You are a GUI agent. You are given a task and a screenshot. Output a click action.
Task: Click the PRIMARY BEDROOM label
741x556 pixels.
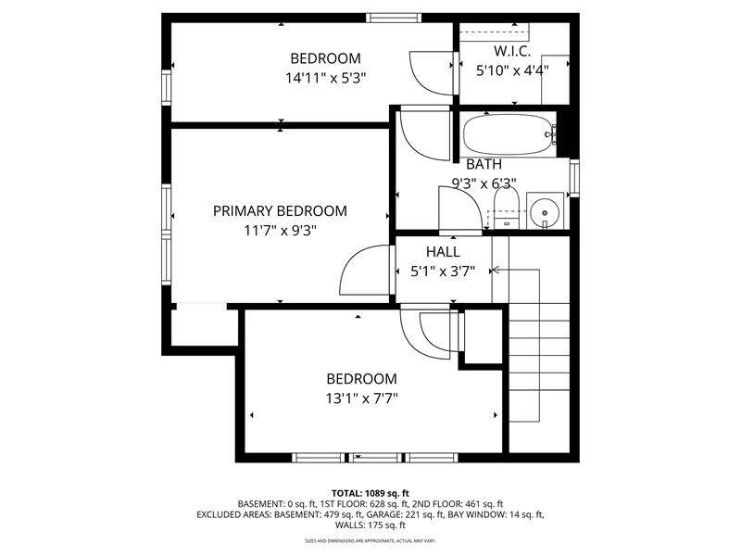(x=280, y=211)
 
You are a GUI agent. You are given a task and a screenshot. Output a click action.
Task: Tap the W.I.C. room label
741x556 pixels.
(x=512, y=51)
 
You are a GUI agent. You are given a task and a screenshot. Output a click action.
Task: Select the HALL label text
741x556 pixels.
(x=443, y=251)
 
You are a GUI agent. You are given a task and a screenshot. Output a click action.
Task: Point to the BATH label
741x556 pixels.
(x=484, y=164)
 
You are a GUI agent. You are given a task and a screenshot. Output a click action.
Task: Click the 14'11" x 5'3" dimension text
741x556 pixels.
(x=326, y=78)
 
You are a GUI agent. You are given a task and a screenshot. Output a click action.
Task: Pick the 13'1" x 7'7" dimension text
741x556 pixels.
(x=361, y=398)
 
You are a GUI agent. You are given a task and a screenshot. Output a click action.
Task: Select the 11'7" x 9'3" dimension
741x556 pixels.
(x=280, y=231)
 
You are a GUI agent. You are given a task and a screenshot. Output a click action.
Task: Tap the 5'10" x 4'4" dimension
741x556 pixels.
(x=512, y=70)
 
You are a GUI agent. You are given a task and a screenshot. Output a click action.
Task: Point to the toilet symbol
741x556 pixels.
(x=506, y=208)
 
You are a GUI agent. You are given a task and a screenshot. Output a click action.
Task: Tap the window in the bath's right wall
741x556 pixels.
(x=574, y=178)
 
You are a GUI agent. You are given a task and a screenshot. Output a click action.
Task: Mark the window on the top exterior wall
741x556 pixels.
(x=393, y=18)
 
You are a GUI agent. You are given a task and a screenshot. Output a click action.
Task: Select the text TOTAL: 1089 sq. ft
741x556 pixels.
(x=370, y=494)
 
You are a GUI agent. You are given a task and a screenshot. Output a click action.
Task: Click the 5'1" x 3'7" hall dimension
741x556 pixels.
(x=443, y=272)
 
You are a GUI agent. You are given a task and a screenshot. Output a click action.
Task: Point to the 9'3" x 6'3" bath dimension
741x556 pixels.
(x=484, y=183)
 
